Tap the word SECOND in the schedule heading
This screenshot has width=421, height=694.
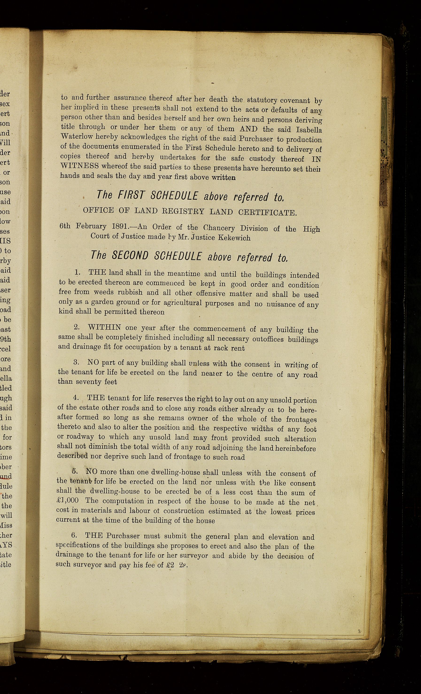pyautogui.click(x=130, y=256)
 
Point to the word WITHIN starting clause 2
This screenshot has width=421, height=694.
pyautogui.click(x=104, y=328)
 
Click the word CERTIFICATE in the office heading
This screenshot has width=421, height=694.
pyautogui.click(x=267, y=212)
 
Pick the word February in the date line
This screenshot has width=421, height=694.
pyautogui.click(x=91, y=226)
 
